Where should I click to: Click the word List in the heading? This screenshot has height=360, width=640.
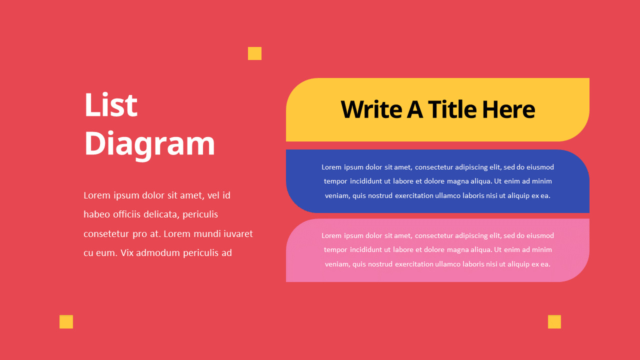click(110, 105)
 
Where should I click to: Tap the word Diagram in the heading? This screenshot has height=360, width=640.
click(149, 144)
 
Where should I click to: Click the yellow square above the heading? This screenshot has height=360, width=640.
click(254, 53)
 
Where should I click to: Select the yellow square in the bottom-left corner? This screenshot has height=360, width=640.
click(66, 321)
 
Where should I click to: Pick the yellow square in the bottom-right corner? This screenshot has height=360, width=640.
click(554, 321)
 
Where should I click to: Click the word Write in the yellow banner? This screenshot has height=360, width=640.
click(370, 109)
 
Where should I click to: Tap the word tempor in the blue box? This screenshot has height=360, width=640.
click(335, 181)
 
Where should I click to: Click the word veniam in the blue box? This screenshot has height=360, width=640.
click(336, 195)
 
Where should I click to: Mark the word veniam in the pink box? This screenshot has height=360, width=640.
click(336, 264)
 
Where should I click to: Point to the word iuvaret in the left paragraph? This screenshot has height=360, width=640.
click(238, 233)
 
